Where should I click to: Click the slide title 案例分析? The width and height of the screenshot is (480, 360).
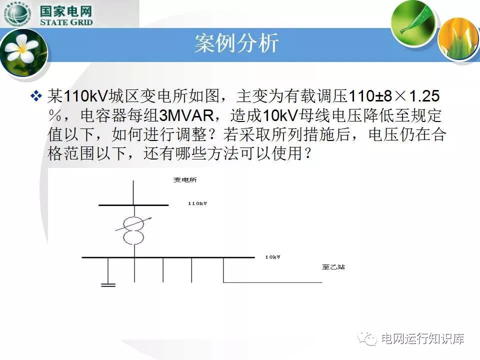point(236,43)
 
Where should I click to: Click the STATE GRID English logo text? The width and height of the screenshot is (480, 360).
point(66,22)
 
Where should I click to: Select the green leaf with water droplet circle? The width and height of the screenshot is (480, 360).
point(413,22)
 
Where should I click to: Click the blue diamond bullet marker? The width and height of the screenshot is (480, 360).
point(36,96)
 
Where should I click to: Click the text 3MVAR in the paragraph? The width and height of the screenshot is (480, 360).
point(186,115)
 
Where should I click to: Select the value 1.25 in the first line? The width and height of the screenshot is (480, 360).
point(424,96)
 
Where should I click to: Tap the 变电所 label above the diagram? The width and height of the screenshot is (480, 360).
point(185,180)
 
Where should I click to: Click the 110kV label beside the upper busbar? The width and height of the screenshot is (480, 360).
point(197,203)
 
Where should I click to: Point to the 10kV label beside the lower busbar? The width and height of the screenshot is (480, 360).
point(272,257)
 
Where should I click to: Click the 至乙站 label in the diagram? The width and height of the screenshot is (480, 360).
point(333,267)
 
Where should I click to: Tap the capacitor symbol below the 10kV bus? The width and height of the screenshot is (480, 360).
point(108,285)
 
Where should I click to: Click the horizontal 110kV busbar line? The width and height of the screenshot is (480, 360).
point(133,205)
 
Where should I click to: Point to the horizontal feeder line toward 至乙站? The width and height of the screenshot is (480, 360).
point(273,282)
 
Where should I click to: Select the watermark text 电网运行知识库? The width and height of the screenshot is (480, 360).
point(423,338)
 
